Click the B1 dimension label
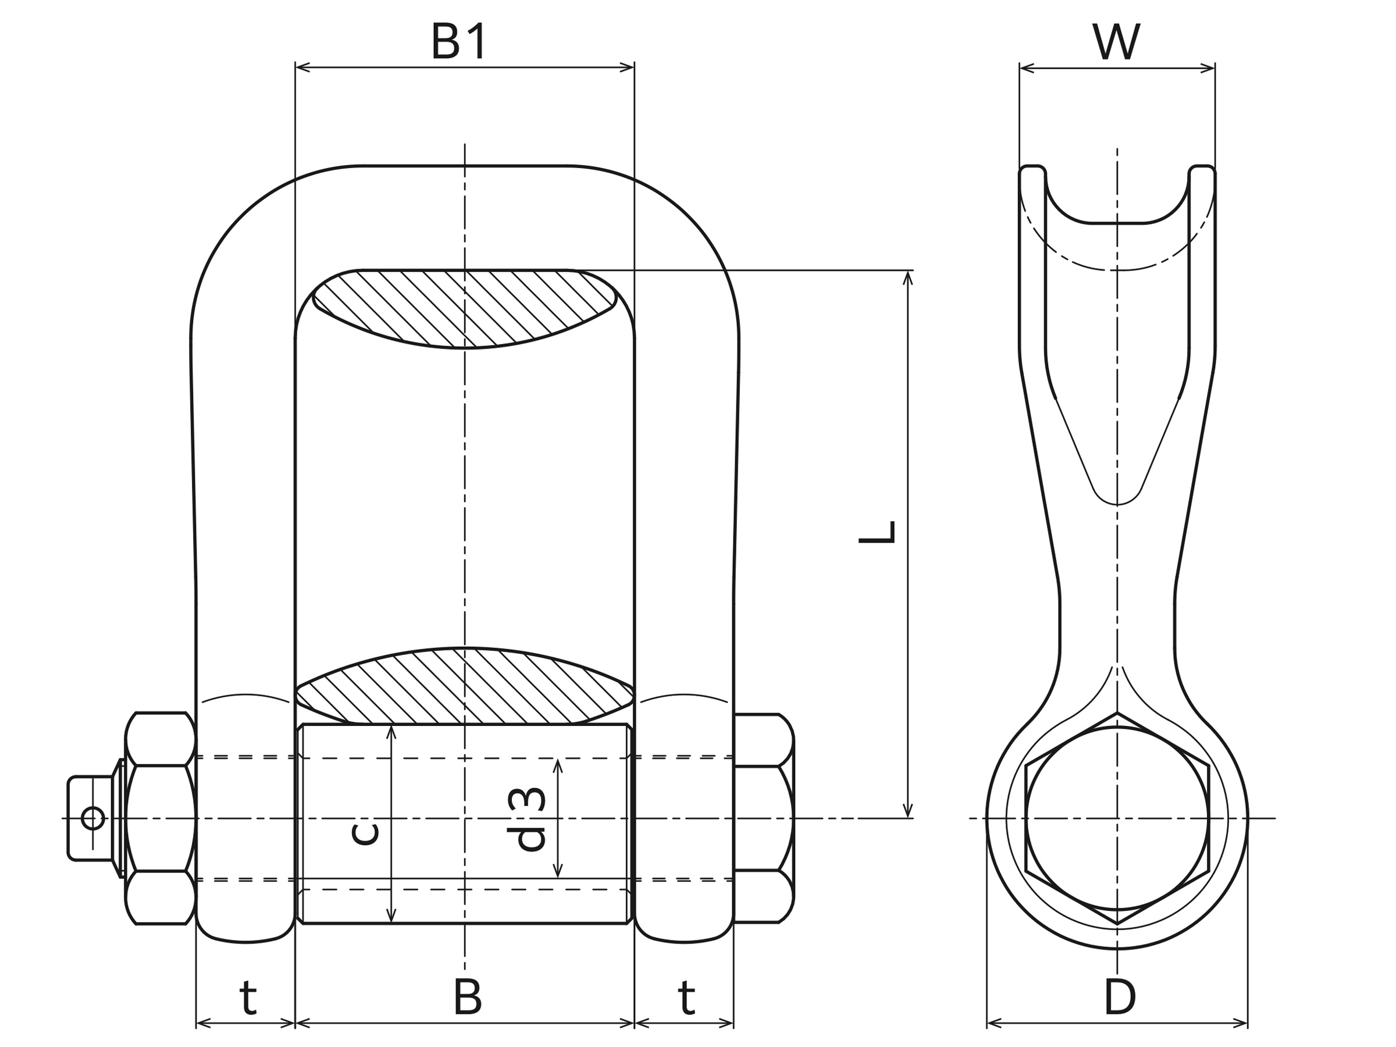pos(459,42)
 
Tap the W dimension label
pos(1116,42)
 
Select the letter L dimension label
pos(877,532)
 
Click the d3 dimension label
pos(526,818)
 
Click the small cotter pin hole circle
pos(92,818)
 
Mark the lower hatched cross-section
pos(465,686)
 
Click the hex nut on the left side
pos(161,818)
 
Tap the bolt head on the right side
pos(763,818)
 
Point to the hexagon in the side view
pos(1117,818)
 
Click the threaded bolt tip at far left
pos(90,818)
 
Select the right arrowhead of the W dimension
pos(1209,68)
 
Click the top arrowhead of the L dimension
pos(907,277)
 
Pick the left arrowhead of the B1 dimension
pos(302,67)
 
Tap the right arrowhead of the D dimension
pos(1241,1023)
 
